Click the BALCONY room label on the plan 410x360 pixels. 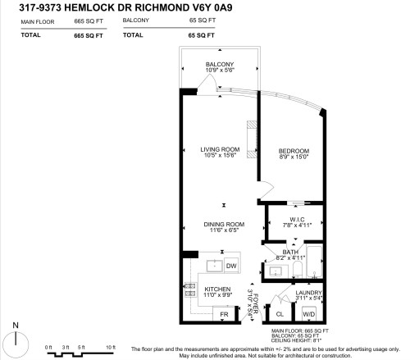(x=219, y=65)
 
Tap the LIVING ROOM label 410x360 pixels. (x=218, y=149)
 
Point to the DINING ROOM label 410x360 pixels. (x=225, y=225)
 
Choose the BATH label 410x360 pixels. (x=290, y=252)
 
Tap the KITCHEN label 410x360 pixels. (x=217, y=289)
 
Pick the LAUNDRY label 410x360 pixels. (x=308, y=292)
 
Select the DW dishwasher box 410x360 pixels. (x=231, y=266)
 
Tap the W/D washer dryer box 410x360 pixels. (x=308, y=314)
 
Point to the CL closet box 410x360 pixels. (x=279, y=314)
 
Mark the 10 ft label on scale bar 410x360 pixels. (x=110, y=348)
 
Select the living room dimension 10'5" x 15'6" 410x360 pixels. (x=218, y=156)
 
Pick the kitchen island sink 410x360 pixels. (x=214, y=266)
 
